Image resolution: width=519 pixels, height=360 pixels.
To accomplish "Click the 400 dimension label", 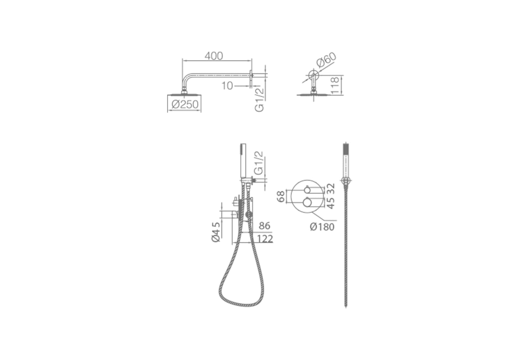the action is pyautogui.click(x=213, y=56).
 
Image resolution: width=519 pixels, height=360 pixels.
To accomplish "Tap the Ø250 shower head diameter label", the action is pyautogui.click(x=185, y=105).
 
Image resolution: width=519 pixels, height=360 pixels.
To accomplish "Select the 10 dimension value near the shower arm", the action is pyautogui.click(x=227, y=86).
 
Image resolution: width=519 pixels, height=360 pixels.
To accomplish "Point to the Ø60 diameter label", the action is pyautogui.click(x=327, y=60).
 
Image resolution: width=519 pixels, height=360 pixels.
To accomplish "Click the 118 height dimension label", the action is pyautogui.click(x=335, y=85).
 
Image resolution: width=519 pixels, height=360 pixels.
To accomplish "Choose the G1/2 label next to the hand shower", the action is pyautogui.click(x=259, y=163).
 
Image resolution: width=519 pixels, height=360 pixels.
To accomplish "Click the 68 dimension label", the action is pyautogui.click(x=281, y=196).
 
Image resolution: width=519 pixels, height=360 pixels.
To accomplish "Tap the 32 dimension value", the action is pyautogui.click(x=331, y=189).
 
